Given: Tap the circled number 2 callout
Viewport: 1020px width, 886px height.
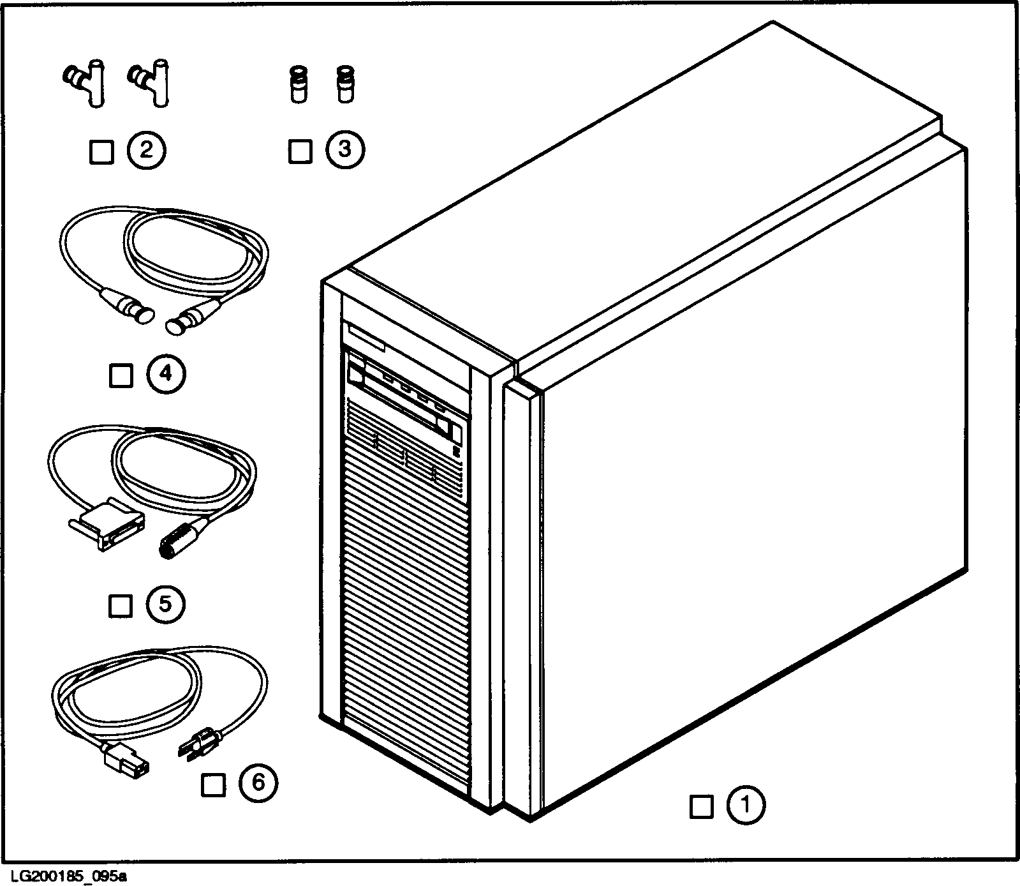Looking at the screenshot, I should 146,151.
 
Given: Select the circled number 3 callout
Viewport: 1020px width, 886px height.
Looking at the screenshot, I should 345,151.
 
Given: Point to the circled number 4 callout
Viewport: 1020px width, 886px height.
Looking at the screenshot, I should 166,375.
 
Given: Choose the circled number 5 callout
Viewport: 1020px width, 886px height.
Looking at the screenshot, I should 165,604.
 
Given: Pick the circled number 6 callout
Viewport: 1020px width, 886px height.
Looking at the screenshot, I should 258,783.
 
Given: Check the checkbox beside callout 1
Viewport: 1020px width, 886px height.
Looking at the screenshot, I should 701,806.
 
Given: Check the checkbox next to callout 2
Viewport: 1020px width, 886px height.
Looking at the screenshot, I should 101,152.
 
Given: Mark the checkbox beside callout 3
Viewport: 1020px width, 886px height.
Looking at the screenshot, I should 300,151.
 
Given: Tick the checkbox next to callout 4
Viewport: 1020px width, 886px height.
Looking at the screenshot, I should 121,375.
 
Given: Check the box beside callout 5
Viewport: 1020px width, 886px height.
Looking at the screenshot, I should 120,604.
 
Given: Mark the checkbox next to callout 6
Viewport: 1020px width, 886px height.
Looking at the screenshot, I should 212,785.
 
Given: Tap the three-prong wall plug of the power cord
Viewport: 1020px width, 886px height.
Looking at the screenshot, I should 200,746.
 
